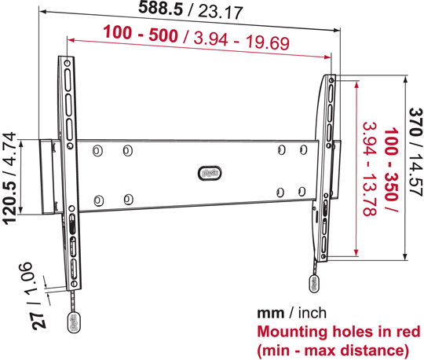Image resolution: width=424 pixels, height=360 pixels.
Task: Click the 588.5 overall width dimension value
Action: [161, 8]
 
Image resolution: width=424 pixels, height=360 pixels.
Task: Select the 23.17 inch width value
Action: [221, 12]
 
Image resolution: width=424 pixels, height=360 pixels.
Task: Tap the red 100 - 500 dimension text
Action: [141, 34]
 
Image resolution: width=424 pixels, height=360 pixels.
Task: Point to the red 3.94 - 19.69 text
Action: [242, 42]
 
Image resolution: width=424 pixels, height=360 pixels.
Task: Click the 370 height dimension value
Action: [415, 122]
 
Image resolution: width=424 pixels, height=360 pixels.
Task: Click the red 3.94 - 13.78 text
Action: [369, 169]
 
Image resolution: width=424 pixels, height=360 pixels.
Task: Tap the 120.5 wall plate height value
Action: [9, 202]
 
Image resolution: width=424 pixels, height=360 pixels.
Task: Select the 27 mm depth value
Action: [38, 321]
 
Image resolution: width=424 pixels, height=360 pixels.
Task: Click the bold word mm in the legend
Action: [270, 314]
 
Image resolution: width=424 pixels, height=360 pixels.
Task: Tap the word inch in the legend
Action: [313, 313]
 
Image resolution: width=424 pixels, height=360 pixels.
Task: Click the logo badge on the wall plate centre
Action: [210, 173]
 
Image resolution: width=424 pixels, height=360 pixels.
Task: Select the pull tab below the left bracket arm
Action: [74, 322]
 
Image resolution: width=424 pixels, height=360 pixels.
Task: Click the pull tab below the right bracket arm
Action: [315, 284]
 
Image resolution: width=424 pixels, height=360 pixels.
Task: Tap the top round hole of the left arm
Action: [68, 64]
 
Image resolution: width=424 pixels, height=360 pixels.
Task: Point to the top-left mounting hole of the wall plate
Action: [97, 150]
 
